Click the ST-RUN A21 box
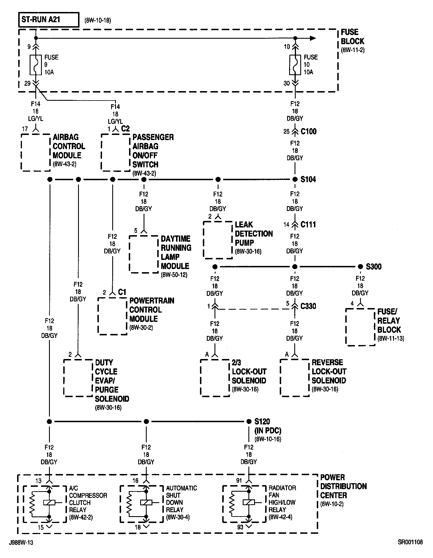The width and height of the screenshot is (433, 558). coord(48,20)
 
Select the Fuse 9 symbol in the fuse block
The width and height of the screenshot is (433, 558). coord(36,65)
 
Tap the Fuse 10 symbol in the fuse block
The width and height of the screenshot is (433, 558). coord(295,65)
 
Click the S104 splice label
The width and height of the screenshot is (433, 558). coord(308,179)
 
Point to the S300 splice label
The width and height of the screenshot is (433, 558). coord(373,267)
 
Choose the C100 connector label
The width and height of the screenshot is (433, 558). coord(309,132)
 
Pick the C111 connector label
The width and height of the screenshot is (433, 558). coord(308,225)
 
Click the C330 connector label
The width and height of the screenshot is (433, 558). coord(308,306)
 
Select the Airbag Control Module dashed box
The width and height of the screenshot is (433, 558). coord(36,152)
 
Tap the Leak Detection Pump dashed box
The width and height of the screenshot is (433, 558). coord(218,240)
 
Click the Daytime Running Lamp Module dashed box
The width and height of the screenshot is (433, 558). coord(144,254)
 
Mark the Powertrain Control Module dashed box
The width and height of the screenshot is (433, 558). coord(112,316)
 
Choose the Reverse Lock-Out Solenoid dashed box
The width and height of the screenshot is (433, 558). coord(295,378)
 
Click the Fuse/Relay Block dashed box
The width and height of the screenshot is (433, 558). coord(360,327)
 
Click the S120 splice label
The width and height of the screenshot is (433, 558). coord(262,421)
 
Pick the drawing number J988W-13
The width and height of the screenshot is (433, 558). coord(21,543)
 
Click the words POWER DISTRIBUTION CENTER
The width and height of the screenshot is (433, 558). coord(343,486)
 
